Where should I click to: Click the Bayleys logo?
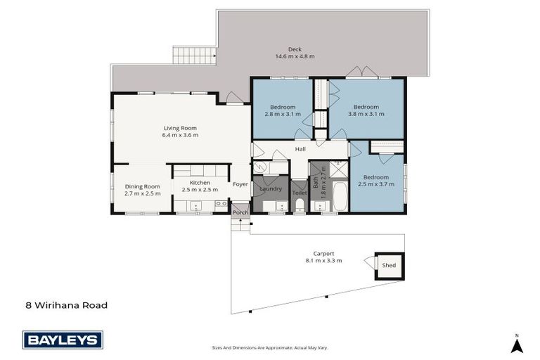pyautogui.click(x=63, y=340)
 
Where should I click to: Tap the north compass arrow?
pyautogui.click(x=517, y=345)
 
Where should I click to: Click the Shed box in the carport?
pyautogui.click(x=389, y=265)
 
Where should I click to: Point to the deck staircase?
pyautogui.click(x=194, y=56)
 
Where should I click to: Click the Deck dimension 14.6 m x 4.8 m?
pyautogui.click(x=295, y=56)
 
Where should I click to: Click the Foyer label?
pyautogui.click(x=241, y=186)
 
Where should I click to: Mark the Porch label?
pyautogui.click(x=240, y=212)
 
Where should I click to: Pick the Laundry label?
pyautogui.click(x=271, y=188)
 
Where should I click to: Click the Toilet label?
pyautogui.click(x=299, y=192)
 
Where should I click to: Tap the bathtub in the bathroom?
pyautogui.click(x=340, y=197)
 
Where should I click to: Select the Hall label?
pyautogui.click(x=300, y=149)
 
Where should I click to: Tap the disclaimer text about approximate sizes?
pyautogui.click(x=270, y=347)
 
